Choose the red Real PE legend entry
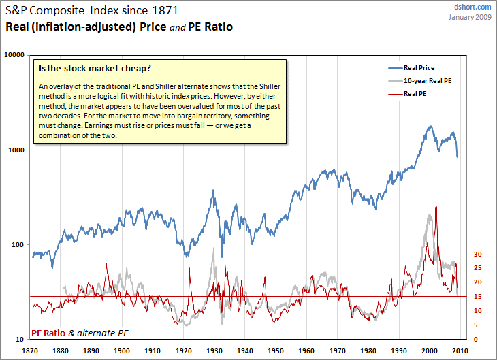point(415,93)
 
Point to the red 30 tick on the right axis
point(478,254)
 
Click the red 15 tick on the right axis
point(478,296)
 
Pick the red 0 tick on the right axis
point(476,339)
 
